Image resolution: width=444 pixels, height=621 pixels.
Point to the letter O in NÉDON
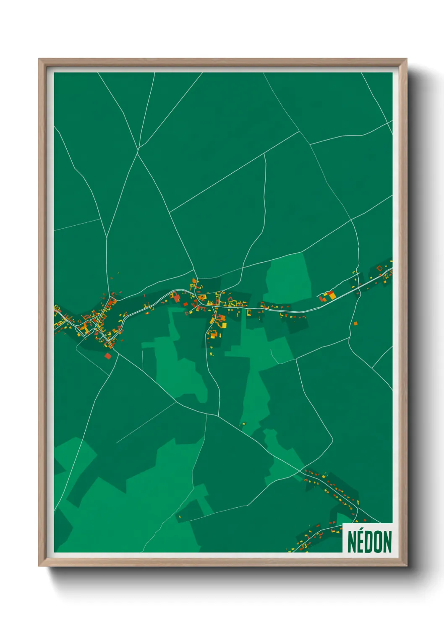[x=379, y=542]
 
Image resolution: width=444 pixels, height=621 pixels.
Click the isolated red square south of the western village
[x=108, y=356]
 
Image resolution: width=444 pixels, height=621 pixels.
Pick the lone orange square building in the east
[x=355, y=324]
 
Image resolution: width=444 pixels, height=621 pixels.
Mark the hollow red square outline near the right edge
[x=380, y=268]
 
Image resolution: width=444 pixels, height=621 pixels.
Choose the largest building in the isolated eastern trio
[x=331, y=295]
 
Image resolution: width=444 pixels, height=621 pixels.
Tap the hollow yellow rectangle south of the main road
[x=249, y=312]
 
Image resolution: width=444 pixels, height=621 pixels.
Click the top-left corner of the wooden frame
[x=39, y=59]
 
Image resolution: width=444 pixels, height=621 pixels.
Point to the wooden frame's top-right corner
[x=406, y=59]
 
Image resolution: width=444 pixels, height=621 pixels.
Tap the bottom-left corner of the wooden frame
[x=39, y=566]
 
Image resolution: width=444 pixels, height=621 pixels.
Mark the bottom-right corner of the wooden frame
[x=406, y=566]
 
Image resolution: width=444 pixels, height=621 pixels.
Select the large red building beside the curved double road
[x=177, y=298]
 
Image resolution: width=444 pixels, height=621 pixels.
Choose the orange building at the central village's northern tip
[x=194, y=281]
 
